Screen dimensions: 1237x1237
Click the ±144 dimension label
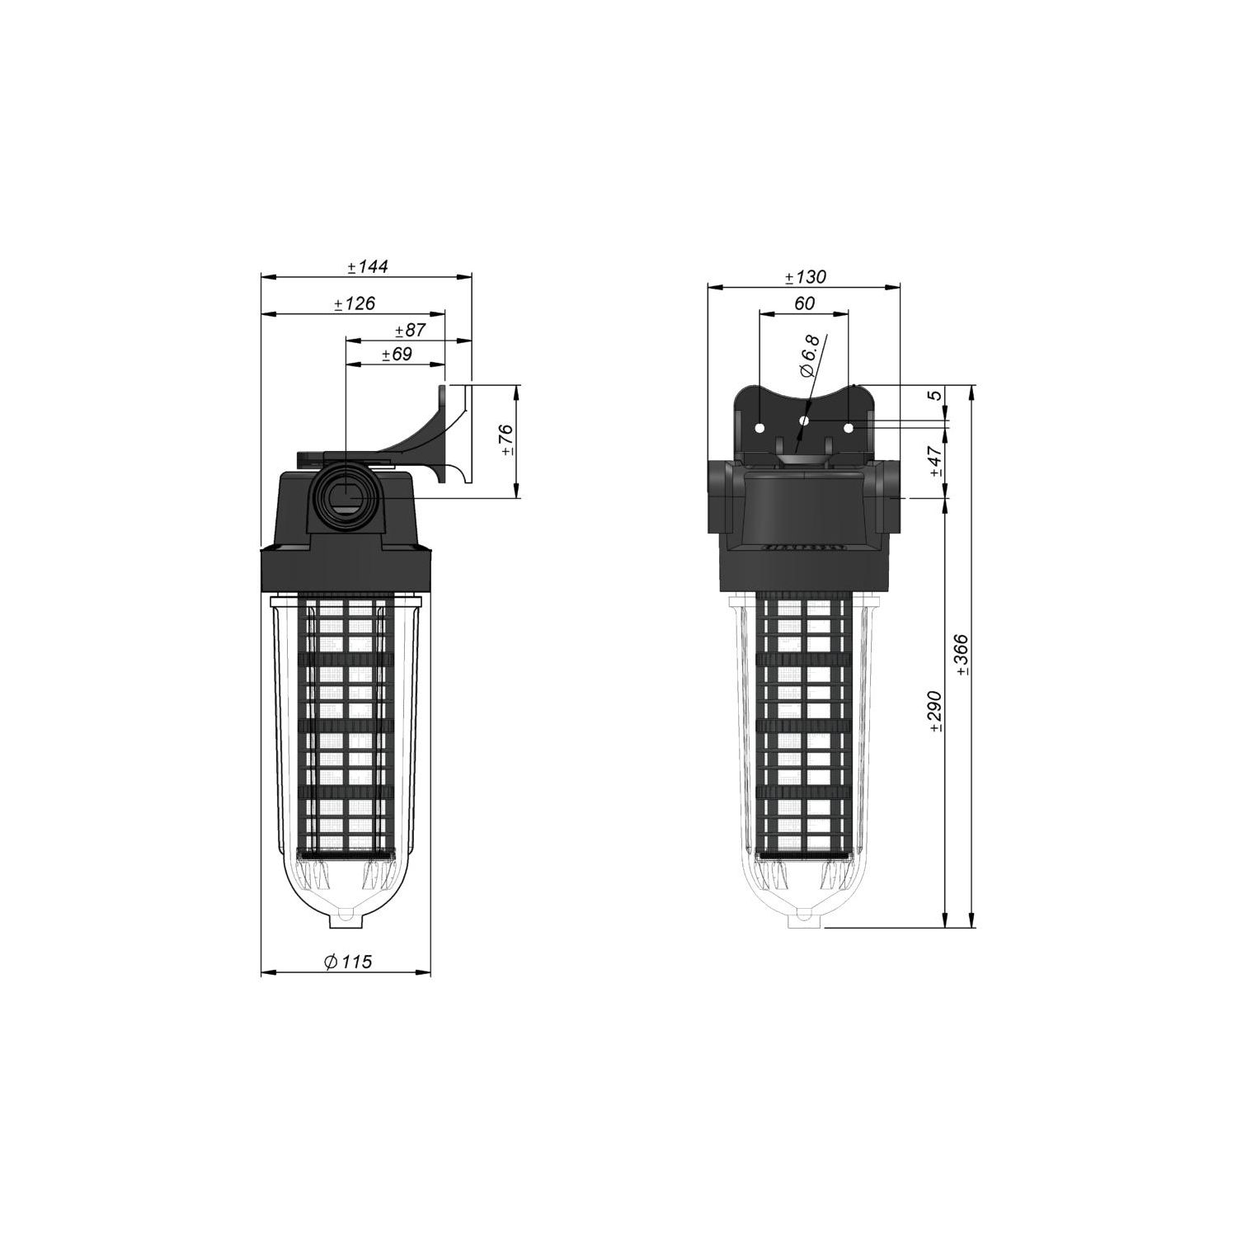tap(367, 266)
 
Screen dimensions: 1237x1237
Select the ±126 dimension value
tap(355, 303)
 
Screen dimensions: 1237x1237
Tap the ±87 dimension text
tap(410, 330)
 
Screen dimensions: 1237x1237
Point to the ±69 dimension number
tap(397, 355)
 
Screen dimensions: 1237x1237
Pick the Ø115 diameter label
tap(348, 962)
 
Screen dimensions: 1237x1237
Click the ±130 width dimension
tap(804, 277)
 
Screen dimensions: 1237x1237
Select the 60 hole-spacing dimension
tap(804, 303)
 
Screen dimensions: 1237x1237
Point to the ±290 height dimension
tap(935, 712)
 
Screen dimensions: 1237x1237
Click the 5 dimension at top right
tap(935, 396)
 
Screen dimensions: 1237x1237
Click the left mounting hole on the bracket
tap(760, 428)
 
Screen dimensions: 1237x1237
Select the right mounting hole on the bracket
tap(848, 428)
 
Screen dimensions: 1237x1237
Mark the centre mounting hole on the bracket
tap(804, 420)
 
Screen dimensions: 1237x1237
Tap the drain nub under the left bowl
tap(346, 918)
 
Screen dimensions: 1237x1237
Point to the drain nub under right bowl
tap(804, 918)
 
